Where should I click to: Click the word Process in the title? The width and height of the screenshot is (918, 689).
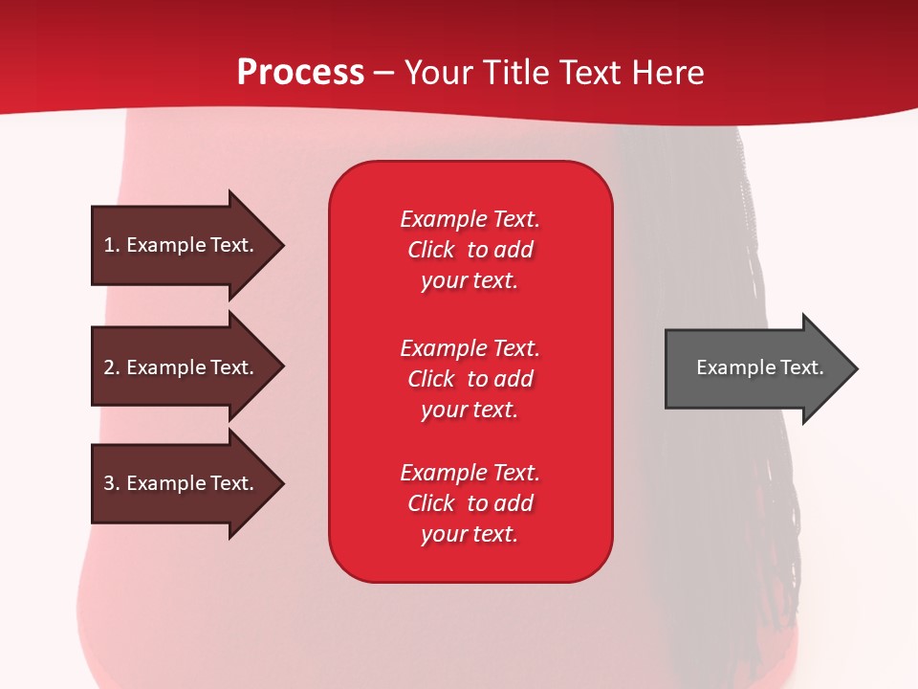(x=300, y=72)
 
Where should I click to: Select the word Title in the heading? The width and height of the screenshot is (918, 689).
(x=514, y=72)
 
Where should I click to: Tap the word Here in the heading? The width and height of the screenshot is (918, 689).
(x=667, y=72)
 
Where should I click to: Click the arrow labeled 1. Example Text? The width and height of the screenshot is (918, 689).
(x=187, y=245)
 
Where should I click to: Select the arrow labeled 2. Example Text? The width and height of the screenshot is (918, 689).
(x=187, y=367)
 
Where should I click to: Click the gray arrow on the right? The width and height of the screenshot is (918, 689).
(x=761, y=367)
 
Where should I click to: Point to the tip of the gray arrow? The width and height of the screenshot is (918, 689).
(x=858, y=368)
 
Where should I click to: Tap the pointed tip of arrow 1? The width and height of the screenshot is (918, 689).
(x=284, y=245)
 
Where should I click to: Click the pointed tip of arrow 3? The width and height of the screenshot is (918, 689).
(x=284, y=483)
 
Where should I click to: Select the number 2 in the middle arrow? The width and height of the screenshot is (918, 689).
(x=109, y=367)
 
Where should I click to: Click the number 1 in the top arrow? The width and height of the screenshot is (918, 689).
(x=109, y=245)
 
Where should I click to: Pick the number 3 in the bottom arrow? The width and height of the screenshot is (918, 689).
(x=109, y=483)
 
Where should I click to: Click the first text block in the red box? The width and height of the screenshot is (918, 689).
(x=470, y=250)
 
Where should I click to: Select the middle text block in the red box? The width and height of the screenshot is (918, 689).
(x=470, y=379)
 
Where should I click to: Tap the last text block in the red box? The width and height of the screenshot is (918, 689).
(x=470, y=503)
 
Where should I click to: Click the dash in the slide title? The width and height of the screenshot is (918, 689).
(x=384, y=74)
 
